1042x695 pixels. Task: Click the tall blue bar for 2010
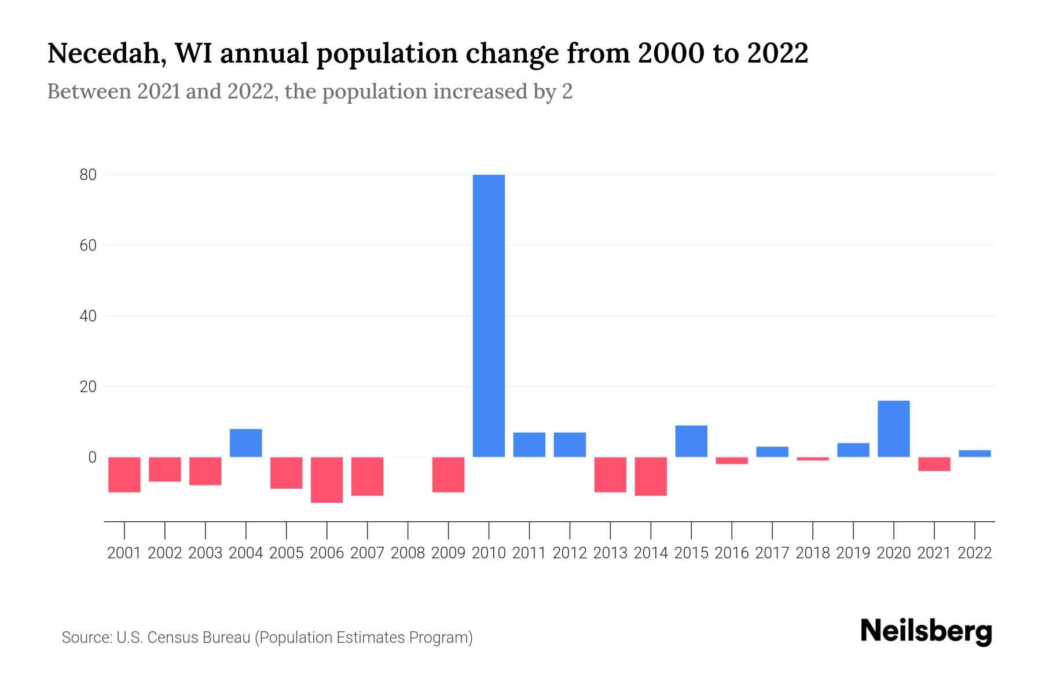(x=489, y=316)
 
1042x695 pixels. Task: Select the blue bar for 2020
(x=893, y=429)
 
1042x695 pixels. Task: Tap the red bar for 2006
(x=326, y=480)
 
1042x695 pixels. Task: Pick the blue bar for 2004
(x=245, y=443)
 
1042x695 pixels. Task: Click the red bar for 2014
(x=651, y=476)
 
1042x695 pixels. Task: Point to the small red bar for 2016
(x=732, y=460)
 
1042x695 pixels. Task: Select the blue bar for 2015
(x=691, y=441)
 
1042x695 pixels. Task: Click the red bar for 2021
(x=934, y=464)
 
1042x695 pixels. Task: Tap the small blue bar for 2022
(x=974, y=453)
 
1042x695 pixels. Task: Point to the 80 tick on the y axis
(x=88, y=175)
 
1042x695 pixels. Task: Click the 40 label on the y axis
(x=88, y=316)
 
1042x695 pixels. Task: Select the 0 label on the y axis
(x=92, y=458)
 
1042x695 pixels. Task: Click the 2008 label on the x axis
(x=408, y=553)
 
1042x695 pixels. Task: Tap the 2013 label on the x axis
(x=610, y=553)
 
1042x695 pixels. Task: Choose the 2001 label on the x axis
(x=124, y=553)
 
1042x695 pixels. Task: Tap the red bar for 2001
(x=124, y=474)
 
